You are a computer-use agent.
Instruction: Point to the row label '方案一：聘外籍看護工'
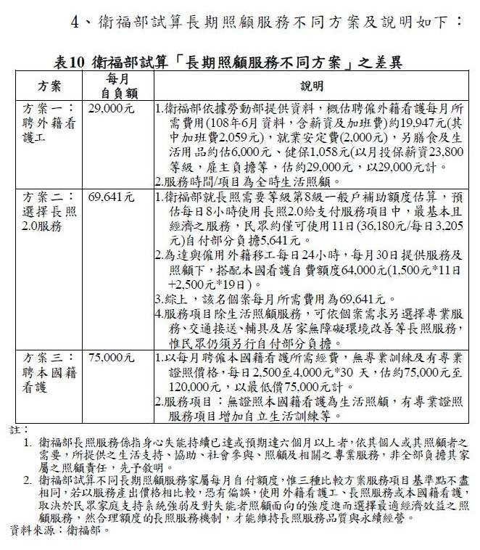49,123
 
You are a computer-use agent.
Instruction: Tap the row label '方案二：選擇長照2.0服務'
49,211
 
